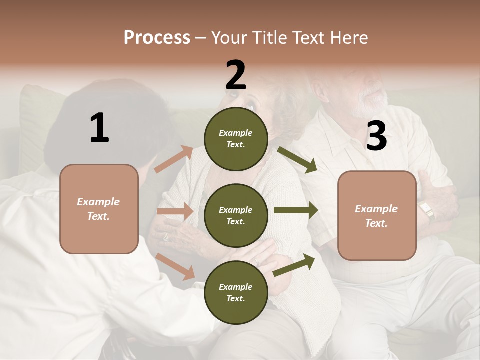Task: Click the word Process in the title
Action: (x=157, y=37)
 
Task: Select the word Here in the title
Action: (x=347, y=37)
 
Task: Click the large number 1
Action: (x=99, y=128)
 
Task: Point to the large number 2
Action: (x=236, y=75)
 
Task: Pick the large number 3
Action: (x=376, y=136)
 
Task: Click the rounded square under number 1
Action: (x=99, y=209)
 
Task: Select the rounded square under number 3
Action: (x=377, y=215)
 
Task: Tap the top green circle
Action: (x=236, y=138)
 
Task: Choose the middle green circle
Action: (x=236, y=215)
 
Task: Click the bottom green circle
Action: (x=236, y=292)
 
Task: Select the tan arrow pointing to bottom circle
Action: (x=175, y=266)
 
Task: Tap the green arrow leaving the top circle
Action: (x=297, y=159)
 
